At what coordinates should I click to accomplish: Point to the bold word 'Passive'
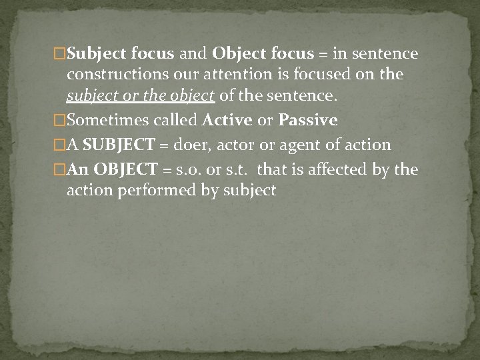(308, 121)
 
